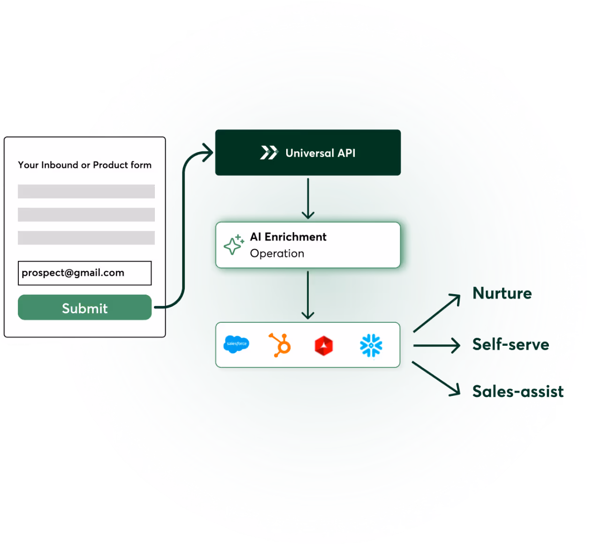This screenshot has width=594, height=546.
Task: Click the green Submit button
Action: coord(84,308)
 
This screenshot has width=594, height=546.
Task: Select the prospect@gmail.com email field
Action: coord(84,273)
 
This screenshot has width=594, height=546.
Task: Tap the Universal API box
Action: coord(308,152)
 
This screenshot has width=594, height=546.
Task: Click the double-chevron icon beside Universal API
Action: coord(269,153)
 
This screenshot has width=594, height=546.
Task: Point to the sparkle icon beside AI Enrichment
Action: coord(233,245)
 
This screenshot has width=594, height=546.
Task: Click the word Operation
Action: coord(277,253)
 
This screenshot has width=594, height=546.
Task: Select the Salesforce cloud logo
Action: coord(236,344)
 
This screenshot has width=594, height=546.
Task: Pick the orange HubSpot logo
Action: coord(280,345)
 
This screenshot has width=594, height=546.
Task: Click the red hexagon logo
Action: coord(324,346)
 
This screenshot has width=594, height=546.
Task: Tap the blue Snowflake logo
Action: coord(371,345)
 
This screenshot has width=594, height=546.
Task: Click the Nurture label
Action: coord(502,293)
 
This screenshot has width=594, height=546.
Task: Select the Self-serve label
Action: coord(510,344)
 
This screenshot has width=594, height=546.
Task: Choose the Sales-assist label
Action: coord(518,391)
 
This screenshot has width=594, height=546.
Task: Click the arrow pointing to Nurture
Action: coord(437,313)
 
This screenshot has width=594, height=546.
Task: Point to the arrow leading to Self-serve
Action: coord(437,346)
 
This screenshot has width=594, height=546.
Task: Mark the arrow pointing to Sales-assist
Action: coord(436,379)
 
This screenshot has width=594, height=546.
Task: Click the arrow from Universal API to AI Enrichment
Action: coord(308,198)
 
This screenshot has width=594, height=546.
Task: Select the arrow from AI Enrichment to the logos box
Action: coord(308,295)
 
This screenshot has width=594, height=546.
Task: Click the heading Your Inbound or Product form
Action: coord(84,165)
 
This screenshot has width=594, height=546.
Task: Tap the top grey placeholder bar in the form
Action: coord(86,191)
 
